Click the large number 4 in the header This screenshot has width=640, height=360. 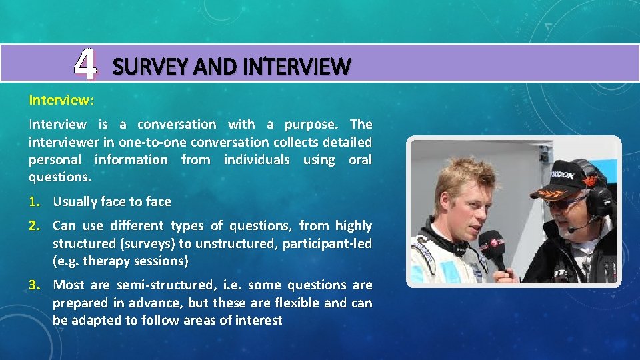[x=85, y=65]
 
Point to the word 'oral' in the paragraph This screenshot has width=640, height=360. [x=360, y=159]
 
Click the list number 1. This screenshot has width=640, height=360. [x=33, y=201]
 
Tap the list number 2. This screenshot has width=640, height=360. [x=33, y=225]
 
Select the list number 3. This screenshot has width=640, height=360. [x=33, y=285]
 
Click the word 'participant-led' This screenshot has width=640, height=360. [x=327, y=243]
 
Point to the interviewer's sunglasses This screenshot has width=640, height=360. [x=563, y=201]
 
